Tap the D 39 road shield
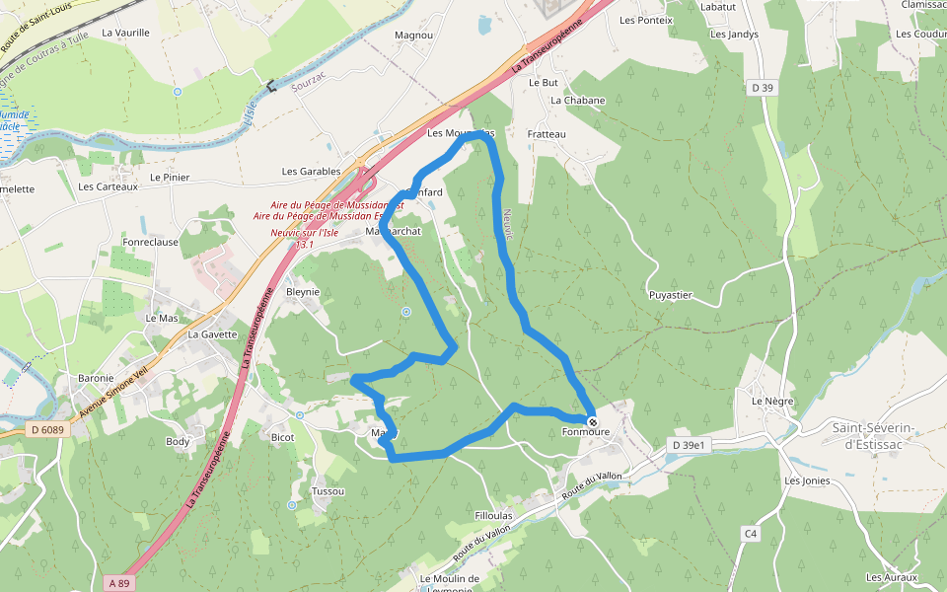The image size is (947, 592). tap(761, 88)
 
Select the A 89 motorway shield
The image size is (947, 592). tap(118, 583)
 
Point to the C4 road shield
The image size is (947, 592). tap(752, 534)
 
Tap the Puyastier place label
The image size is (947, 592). tap(671, 295)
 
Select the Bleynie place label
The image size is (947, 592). tap(303, 292)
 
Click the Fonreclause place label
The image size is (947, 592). tap(150, 242)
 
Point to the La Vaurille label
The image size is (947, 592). tap(125, 33)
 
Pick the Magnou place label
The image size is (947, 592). tap(413, 36)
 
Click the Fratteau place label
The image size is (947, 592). tap(546, 134)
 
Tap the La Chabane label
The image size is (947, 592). tap(577, 101)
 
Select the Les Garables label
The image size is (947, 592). tap(311, 172)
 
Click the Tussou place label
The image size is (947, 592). tap(328, 491)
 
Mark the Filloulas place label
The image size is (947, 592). tap(493, 516)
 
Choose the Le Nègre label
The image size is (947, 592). tap(772, 402)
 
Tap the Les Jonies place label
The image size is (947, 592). tap(807, 481)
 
